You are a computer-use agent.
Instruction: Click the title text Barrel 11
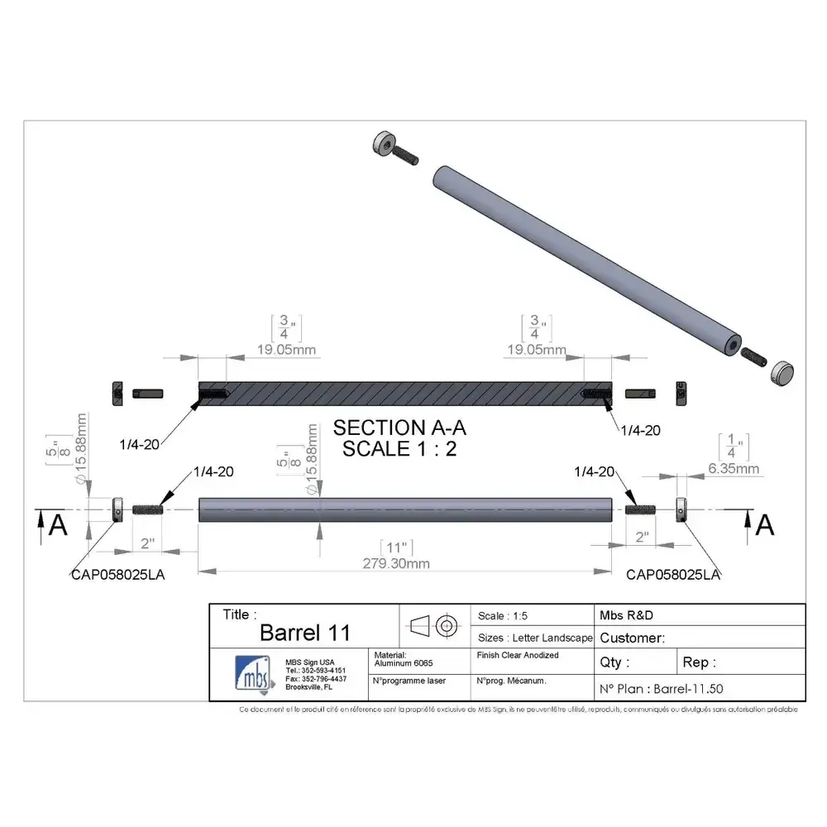pos(304,633)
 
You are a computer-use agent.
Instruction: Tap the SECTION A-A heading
pos(399,428)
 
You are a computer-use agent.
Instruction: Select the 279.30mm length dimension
pos(396,564)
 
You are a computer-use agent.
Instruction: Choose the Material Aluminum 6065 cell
pos(404,659)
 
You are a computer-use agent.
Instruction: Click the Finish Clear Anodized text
pos(518,655)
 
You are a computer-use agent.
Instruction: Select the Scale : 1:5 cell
pos(503,616)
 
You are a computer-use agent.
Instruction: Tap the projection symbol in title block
pos(435,625)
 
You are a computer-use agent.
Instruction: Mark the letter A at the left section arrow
pos(58,526)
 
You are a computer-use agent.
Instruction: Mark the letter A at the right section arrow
pos(765,524)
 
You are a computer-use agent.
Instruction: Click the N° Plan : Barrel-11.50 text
pos(661,688)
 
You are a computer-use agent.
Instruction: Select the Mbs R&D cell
pos(627,615)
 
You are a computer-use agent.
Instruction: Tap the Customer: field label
pos(632,638)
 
